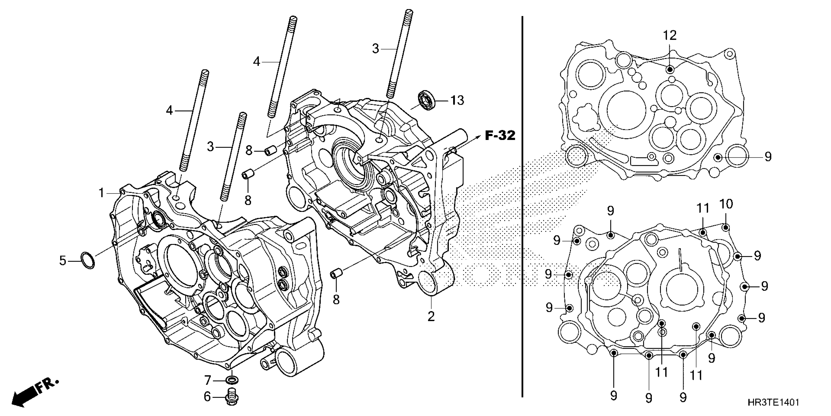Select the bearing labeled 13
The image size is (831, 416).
click(x=426, y=101)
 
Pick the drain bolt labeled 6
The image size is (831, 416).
click(x=231, y=397)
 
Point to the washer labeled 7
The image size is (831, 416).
click(x=232, y=380)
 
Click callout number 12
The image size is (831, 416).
click(x=670, y=35)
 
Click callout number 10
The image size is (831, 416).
click(x=726, y=204)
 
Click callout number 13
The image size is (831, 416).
click(x=457, y=100)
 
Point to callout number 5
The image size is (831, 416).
click(x=63, y=260)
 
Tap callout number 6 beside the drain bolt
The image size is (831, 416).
click(x=207, y=397)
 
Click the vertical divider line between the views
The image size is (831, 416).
click(x=522, y=207)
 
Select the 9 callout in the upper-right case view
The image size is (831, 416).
click(x=768, y=157)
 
